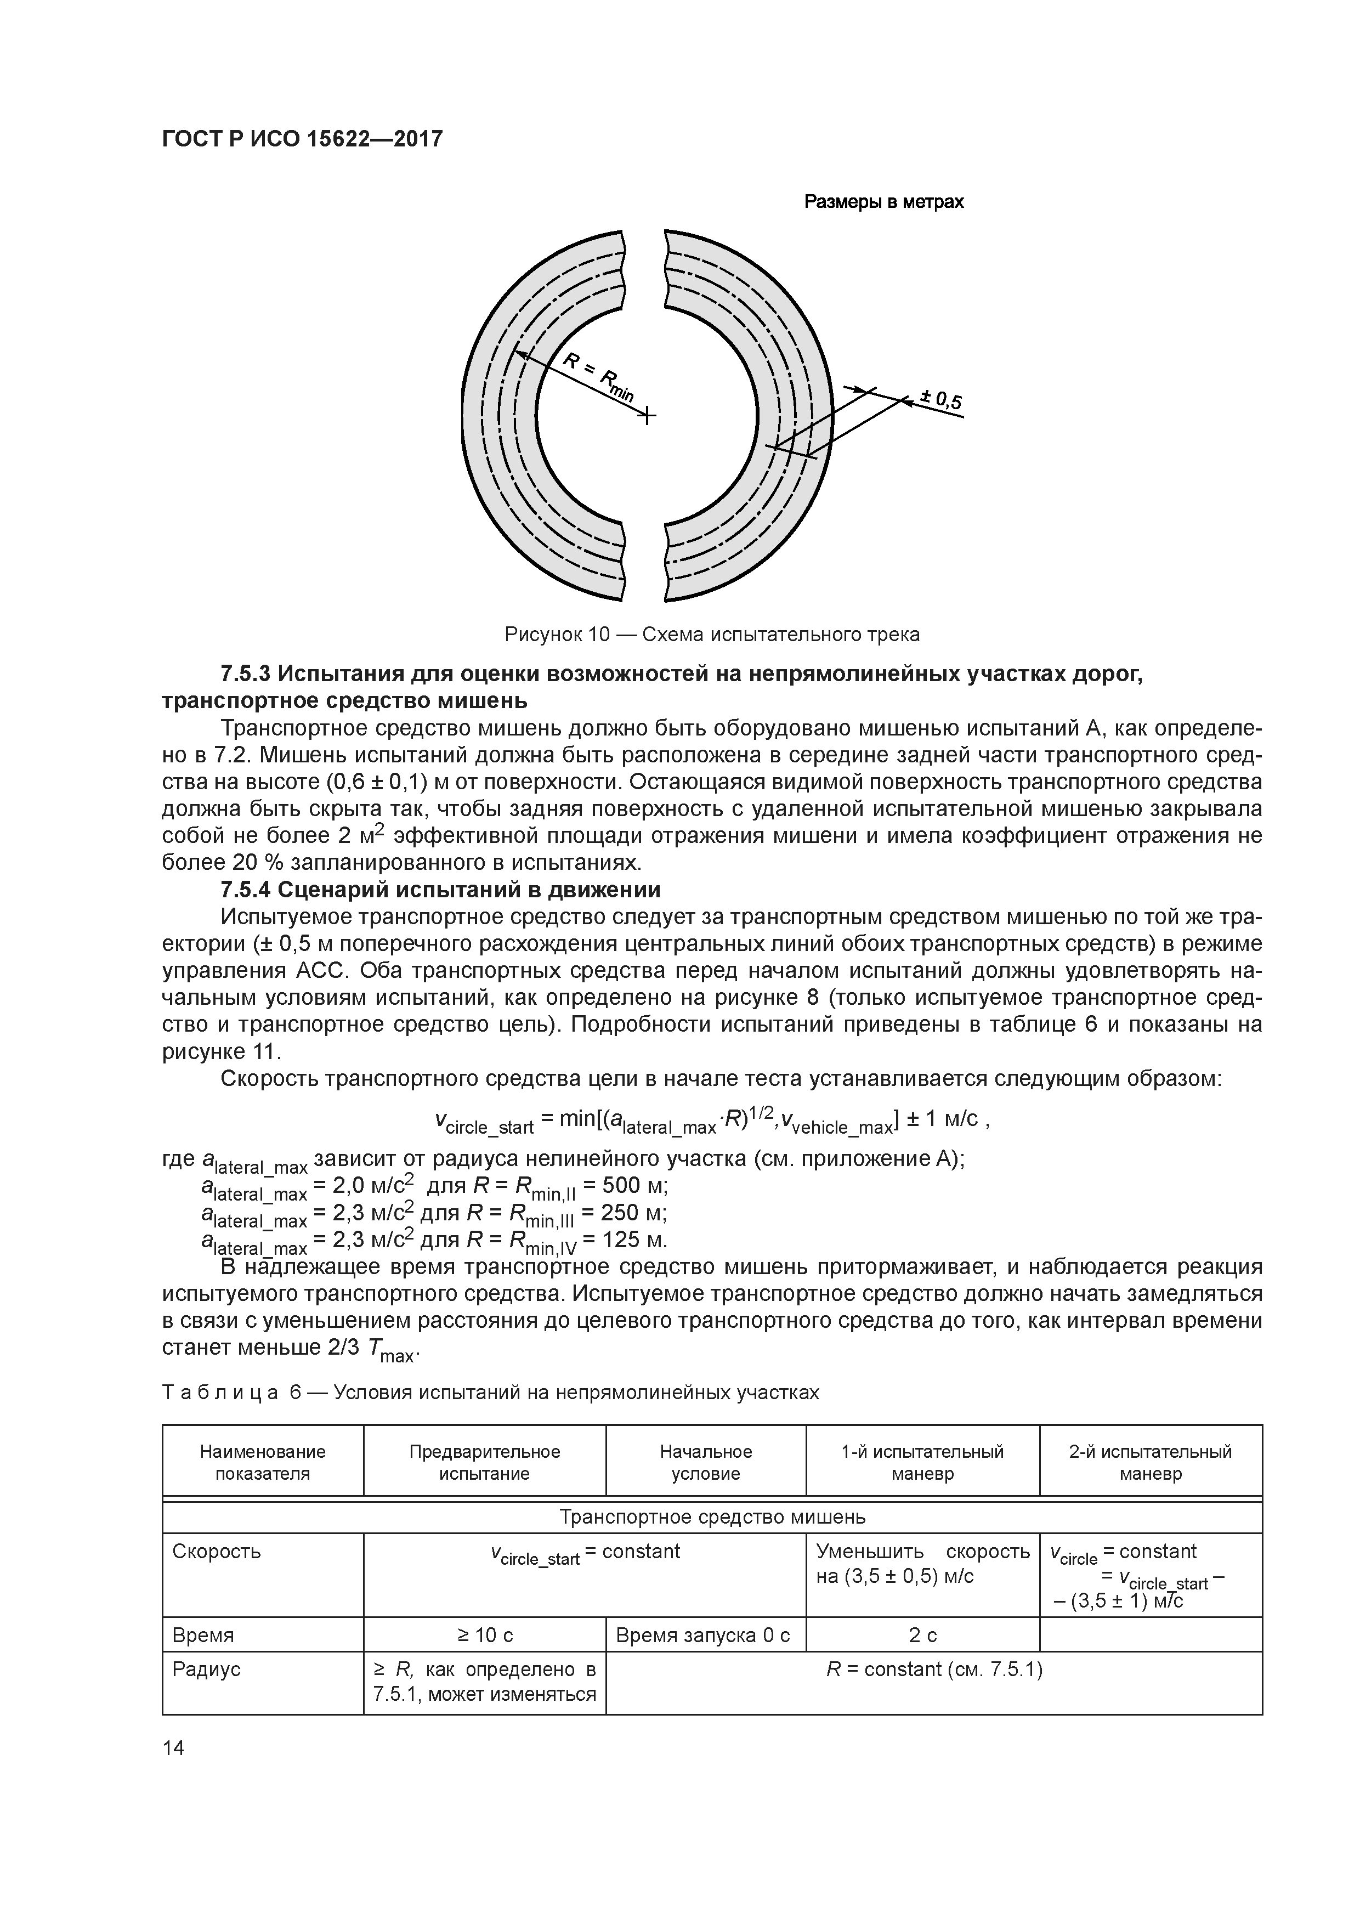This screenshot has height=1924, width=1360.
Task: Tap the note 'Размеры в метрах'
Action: click(883, 202)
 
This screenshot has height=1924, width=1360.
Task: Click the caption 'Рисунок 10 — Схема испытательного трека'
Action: click(711, 635)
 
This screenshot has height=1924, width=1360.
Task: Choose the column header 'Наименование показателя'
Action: click(262, 1462)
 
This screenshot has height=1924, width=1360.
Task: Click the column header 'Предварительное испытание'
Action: click(484, 1462)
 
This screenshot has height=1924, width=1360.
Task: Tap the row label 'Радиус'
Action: click(206, 1670)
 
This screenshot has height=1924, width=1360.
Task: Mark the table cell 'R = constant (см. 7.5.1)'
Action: click(933, 1670)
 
